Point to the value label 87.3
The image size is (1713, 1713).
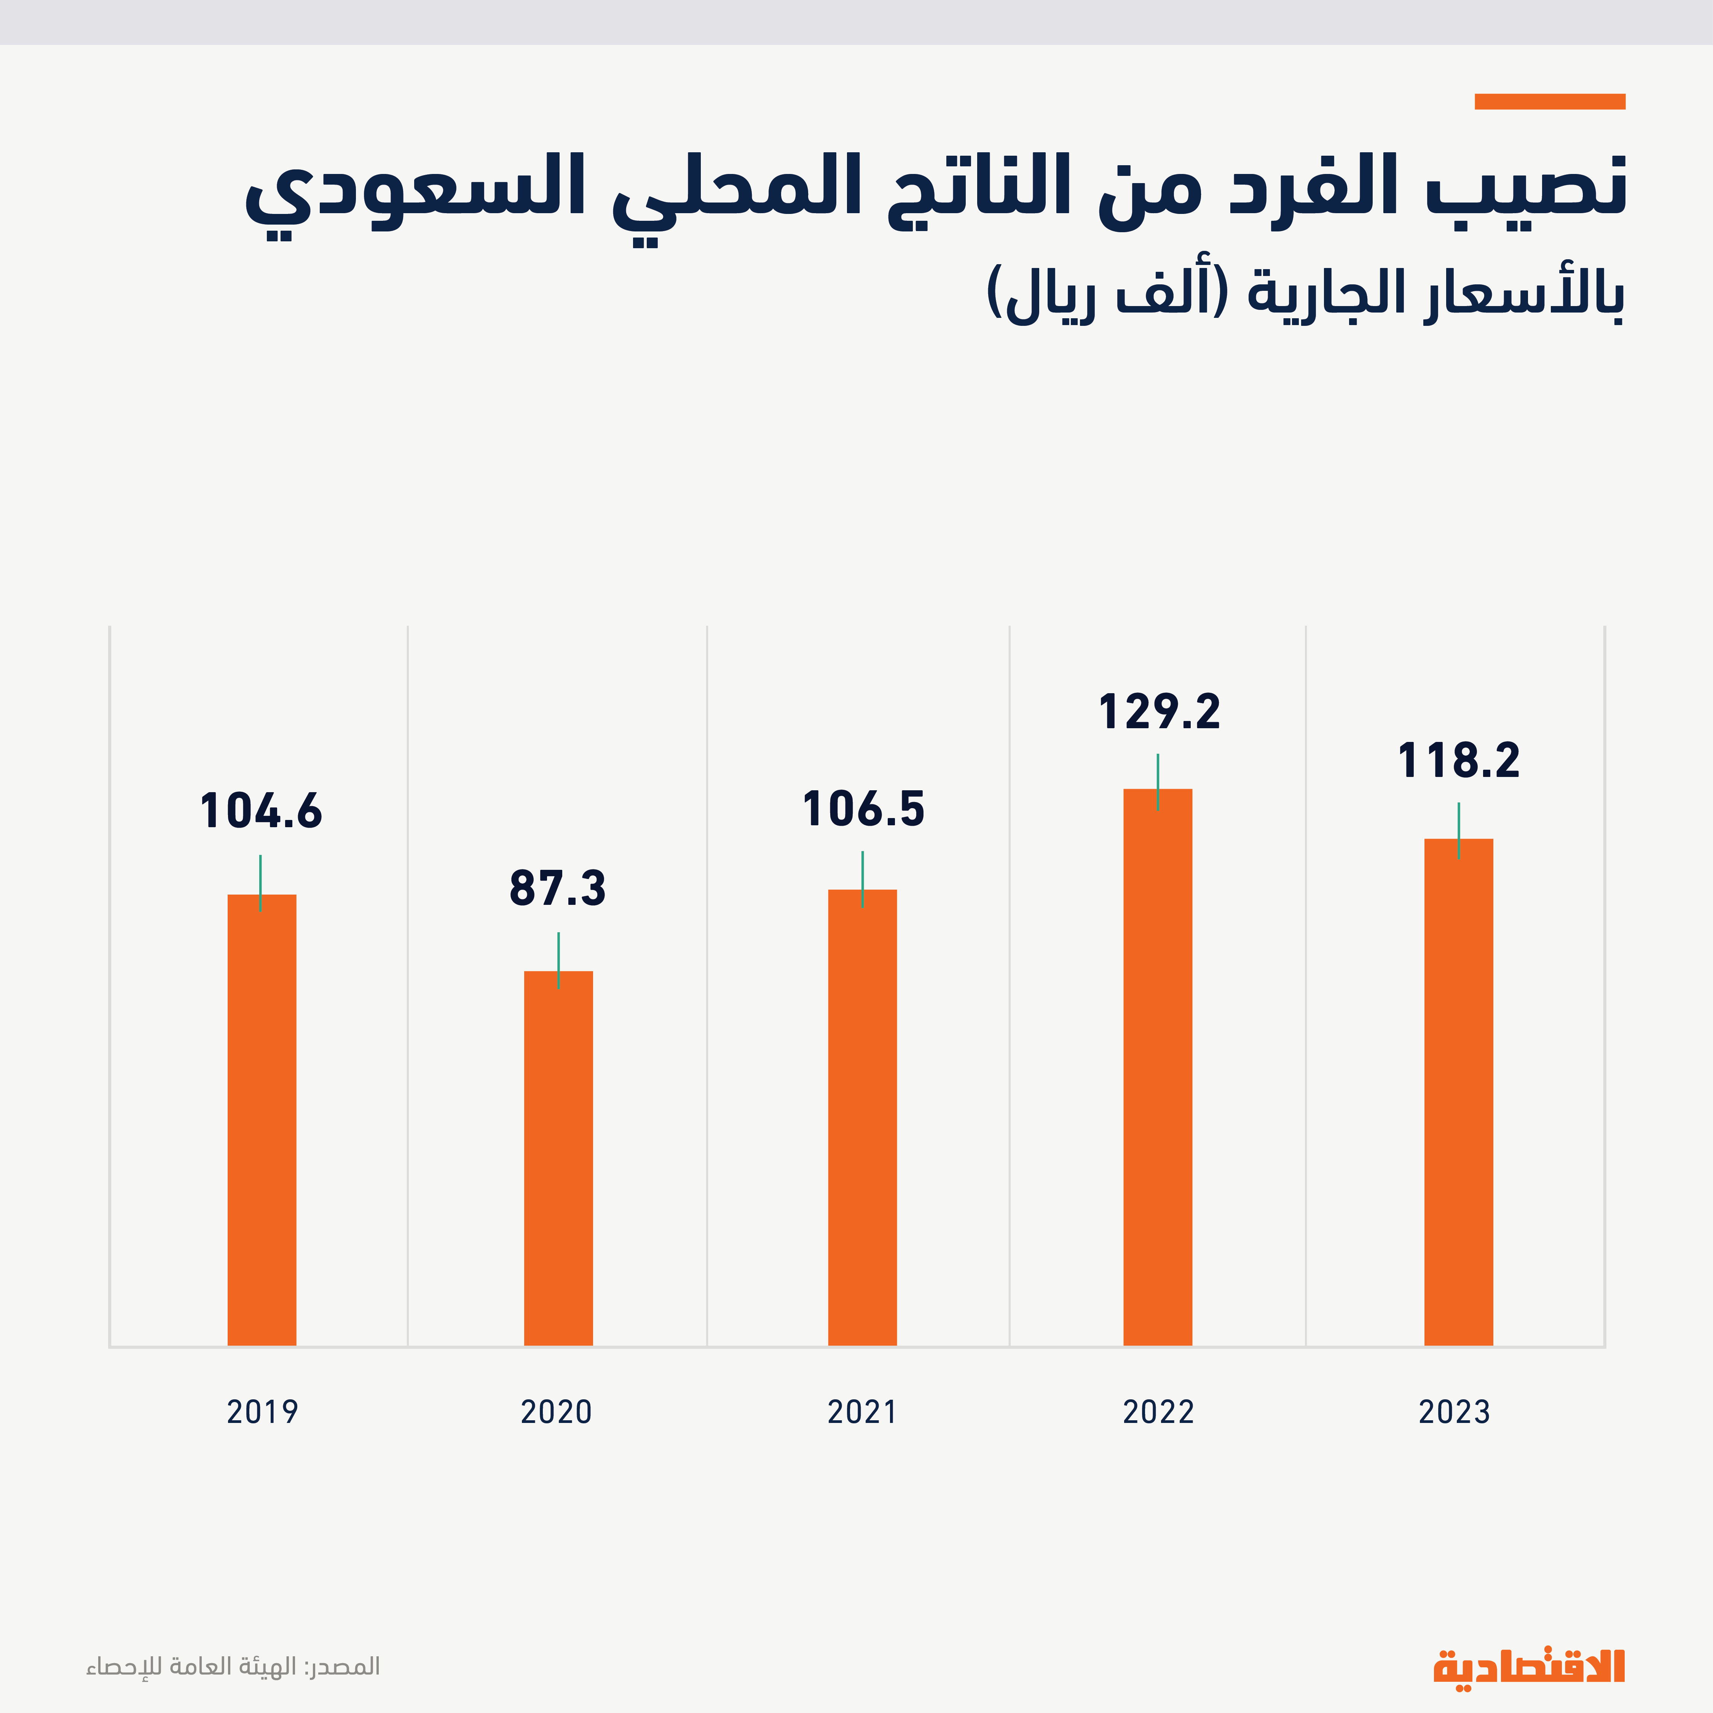click(x=558, y=889)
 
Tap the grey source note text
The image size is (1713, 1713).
click(x=233, y=1667)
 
